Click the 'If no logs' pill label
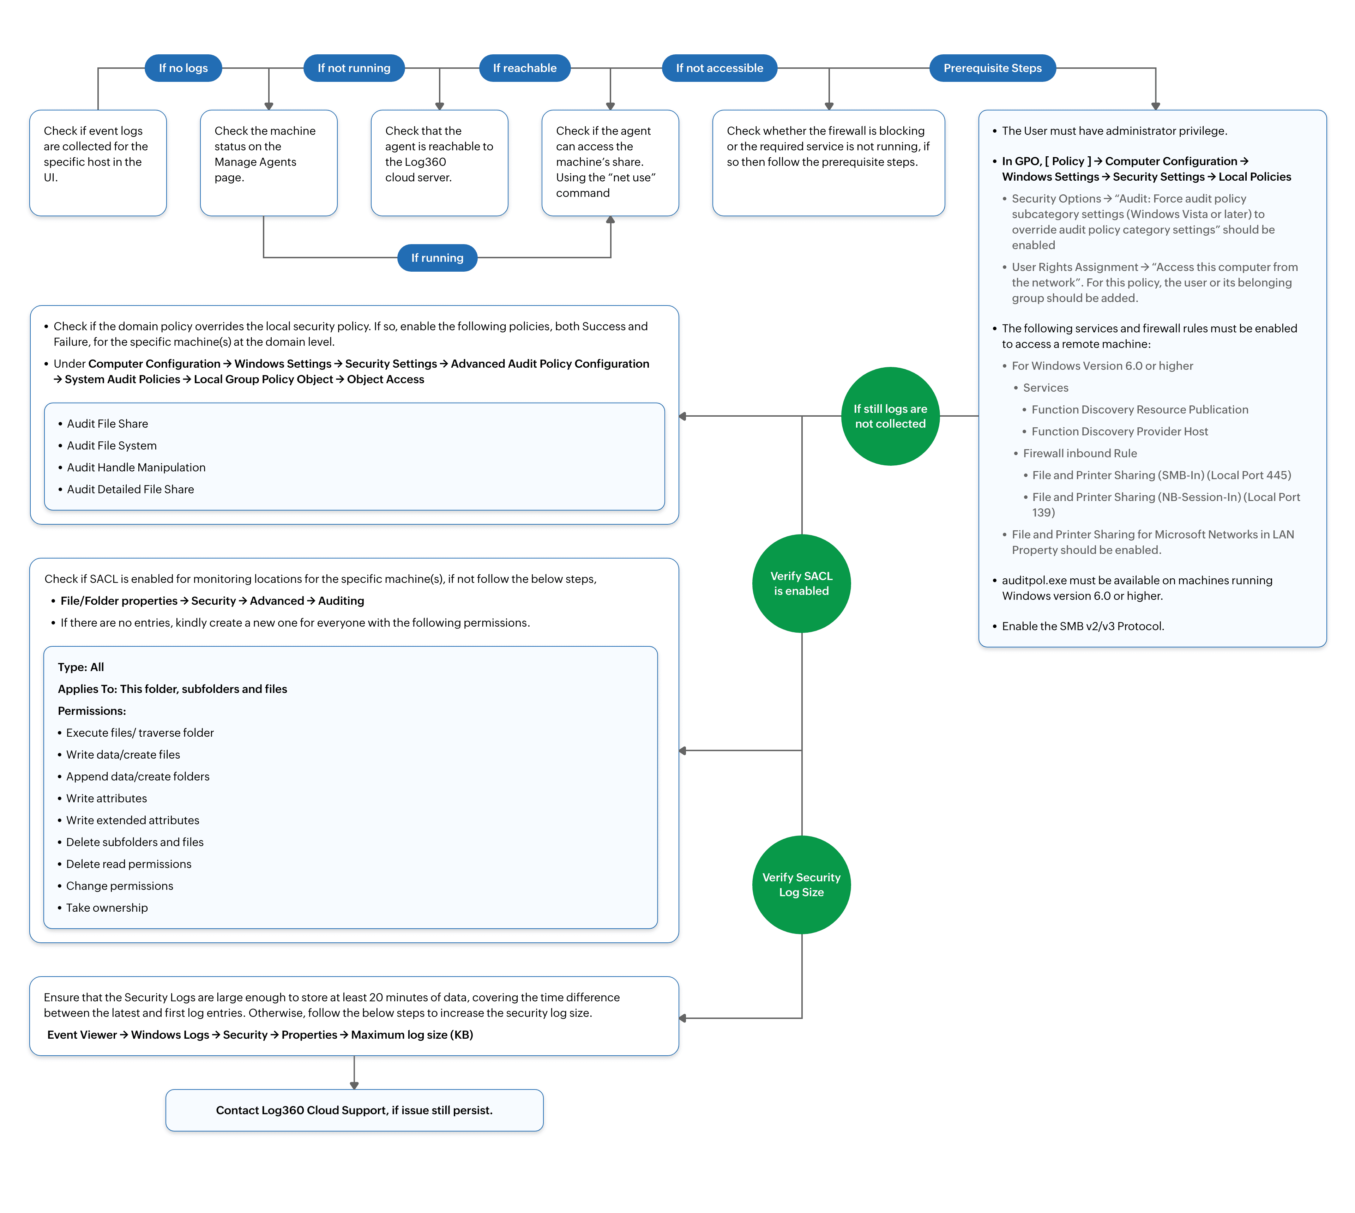[x=183, y=68]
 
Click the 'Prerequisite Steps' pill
[x=992, y=68]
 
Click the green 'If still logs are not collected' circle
[x=890, y=416]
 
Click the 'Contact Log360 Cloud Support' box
[x=354, y=1110]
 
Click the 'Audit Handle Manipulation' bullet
[x=136, y=467]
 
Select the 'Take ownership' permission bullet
[x=107, y=907]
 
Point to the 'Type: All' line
[x=81, y=666]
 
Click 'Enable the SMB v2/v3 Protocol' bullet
[x=1082, y=626]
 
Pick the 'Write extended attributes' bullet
[x=133, y=820]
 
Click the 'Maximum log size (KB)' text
[x=412, y=1034]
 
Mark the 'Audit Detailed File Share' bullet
[x=130, y=489]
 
